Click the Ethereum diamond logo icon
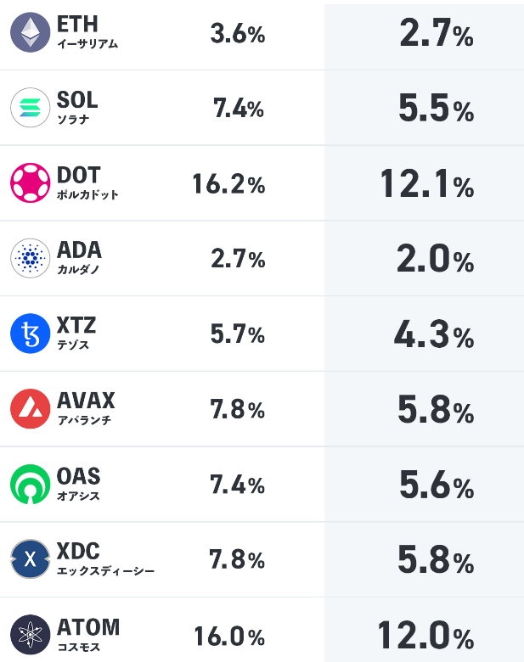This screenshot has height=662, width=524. [31, 33]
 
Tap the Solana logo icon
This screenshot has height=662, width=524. [31, 108]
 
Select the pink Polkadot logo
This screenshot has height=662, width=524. [31, 182]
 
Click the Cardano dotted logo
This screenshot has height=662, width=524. [31, 258]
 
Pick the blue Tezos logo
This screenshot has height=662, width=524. [31, 334]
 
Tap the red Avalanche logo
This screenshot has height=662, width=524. [31, 408]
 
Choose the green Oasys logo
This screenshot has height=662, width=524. [31, 484]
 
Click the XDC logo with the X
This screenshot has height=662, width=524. [31, 559]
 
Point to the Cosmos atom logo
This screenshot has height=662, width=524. [31, 634]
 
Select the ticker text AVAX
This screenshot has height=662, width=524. [86, 400]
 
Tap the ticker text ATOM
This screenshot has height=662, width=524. [88, 627]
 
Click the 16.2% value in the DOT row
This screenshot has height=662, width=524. [228, 185]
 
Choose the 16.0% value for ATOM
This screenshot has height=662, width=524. [229, 637]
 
